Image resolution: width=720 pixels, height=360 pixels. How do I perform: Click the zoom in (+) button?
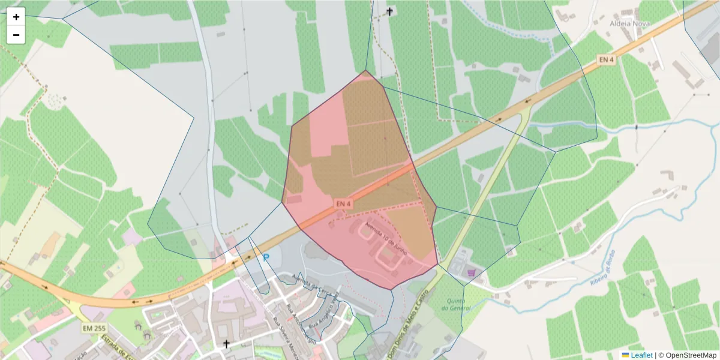pos(16,17)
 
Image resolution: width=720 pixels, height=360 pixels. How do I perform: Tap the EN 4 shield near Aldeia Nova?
pos(606,59)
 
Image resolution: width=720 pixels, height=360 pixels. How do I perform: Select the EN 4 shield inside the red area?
pos(343,204)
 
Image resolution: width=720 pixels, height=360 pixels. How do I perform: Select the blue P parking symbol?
pos(266,257)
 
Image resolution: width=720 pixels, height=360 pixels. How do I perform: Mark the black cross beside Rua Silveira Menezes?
pos(227,344)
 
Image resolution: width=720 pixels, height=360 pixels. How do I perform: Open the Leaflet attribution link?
pos(641,355)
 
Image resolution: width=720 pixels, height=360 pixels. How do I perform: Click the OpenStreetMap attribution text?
pos(691,355)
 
